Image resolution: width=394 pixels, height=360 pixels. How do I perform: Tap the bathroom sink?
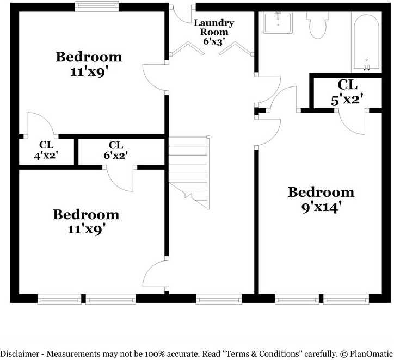[278, 23]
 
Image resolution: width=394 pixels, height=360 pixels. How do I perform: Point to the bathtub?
[366, 42]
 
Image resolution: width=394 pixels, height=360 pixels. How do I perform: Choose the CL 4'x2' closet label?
[46, 151]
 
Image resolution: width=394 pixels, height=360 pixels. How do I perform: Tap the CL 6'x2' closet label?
[115, 151]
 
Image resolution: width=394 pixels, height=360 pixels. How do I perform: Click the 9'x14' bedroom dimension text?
[321, 207]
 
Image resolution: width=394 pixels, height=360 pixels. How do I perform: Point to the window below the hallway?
[218, 299]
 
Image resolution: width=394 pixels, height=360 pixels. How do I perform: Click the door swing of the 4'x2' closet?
[39, 125]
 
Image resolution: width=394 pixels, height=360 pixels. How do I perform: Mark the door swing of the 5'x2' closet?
[353, 121]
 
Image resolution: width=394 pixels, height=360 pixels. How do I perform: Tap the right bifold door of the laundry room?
[239, 50]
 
